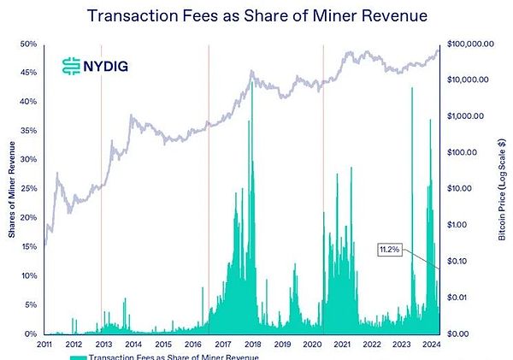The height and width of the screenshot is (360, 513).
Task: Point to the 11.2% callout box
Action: pyautogui.click(x=389, y=250)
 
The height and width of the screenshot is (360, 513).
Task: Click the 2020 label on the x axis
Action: pyautogui.click(x=313, y=345)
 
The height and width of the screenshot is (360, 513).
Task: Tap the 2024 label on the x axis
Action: pyautogui.click(x=433, y=345)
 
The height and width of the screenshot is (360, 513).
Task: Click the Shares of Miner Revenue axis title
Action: pyautogui.click(x=10, y=188)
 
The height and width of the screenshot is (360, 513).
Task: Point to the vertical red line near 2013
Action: pyautogui.click(x=101, y=188)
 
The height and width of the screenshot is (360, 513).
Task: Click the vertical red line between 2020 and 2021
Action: pyautogui.click(x=323, y=188)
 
